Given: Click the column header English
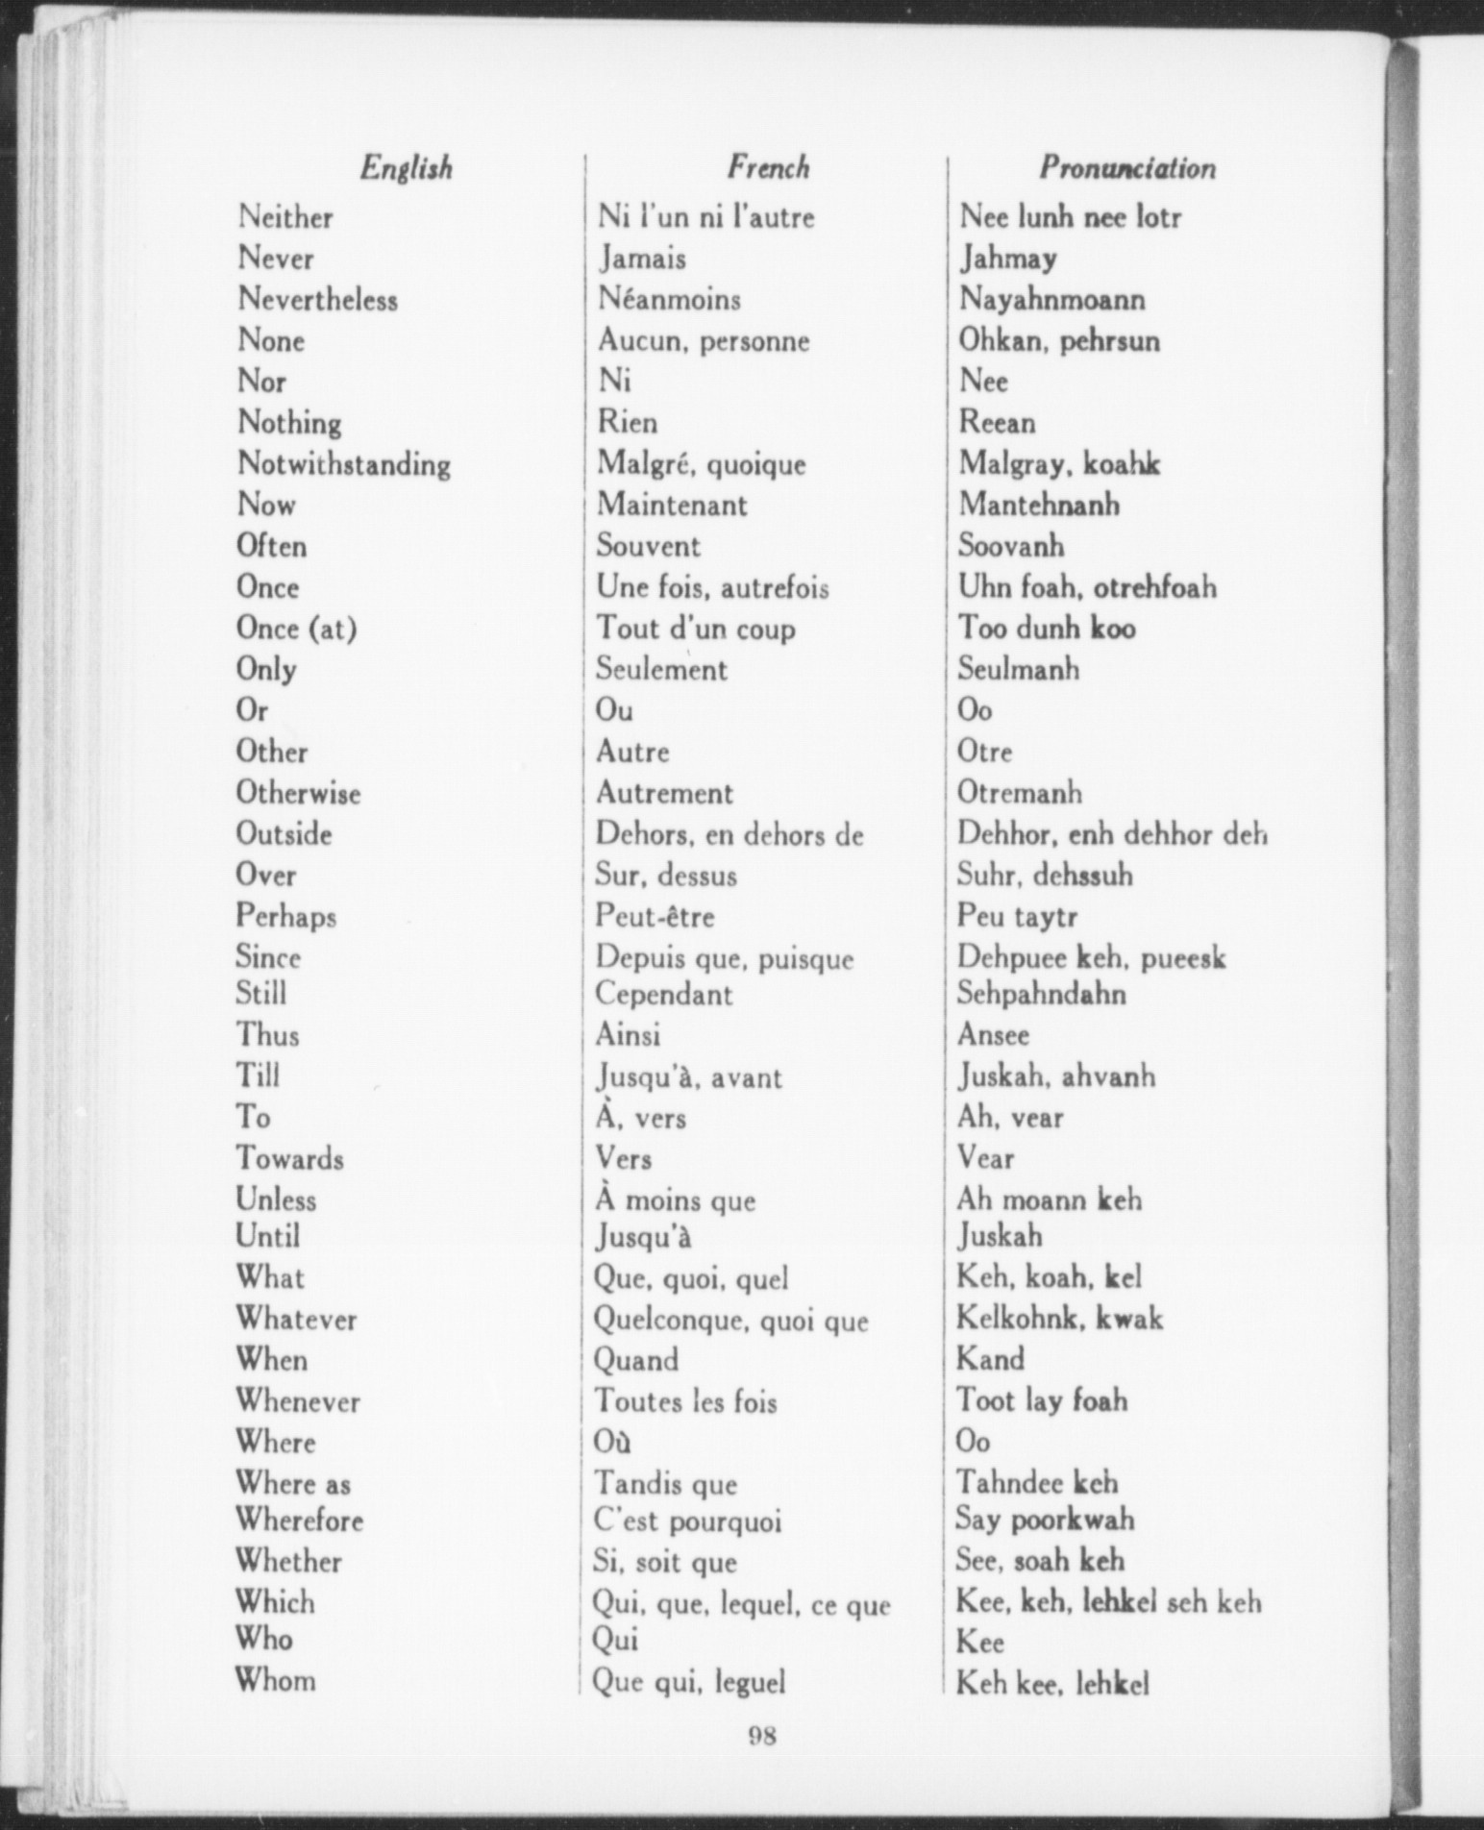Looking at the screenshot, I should coord(406,168).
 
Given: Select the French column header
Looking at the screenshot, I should coord(768,168).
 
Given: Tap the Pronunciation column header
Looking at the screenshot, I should coord(1126,168).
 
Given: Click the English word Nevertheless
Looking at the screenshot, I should coord(317,300).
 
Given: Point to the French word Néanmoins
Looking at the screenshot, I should coord(669,300).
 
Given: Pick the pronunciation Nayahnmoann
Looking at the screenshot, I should coord(1051,300).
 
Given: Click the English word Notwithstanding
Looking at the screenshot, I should coord(343,464).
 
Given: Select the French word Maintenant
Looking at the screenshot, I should coord(672,505).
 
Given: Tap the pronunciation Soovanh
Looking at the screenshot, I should coord(1011,546).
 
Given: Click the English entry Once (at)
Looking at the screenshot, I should coord(296,629).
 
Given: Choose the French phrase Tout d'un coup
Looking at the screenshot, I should coord(696,629).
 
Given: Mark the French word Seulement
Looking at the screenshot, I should coord(661,669).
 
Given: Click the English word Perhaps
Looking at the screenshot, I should coord(285,916).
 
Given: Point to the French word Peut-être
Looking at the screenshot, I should coord(655,916).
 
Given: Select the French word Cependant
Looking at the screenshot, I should coord(663,994).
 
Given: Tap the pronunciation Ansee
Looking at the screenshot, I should coord(993,1035).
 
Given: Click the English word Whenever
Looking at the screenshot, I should coord(298,1401).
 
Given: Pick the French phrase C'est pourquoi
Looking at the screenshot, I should coord(687,1521).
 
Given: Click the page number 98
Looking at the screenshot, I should coord(761,1736).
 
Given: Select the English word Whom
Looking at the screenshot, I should coord(275,1680).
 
